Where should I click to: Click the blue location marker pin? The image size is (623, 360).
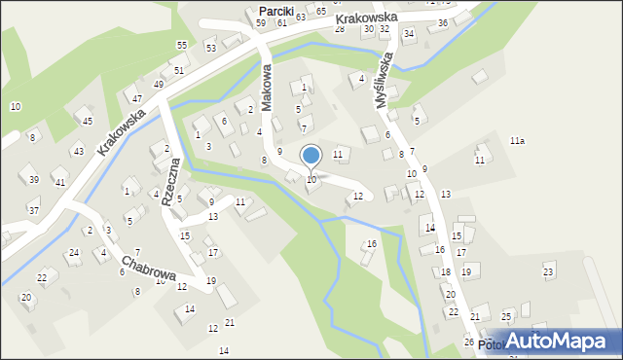(x=311, y=156)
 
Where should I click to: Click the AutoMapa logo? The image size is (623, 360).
(x=563, y=341)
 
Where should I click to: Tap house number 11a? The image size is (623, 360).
(x=517, y=141)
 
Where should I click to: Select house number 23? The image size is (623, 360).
(x=548, y=270)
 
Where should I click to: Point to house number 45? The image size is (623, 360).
(x=88, y=121)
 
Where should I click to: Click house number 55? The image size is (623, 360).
(x=182, y=46)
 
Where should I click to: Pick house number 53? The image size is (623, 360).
(x=210, y=47)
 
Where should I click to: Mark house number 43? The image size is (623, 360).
(x=78, y=151)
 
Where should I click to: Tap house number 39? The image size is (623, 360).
(x=34, y=180)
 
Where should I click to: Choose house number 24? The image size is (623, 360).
(x=73, y=253)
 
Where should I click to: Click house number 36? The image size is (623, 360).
(x=443, y=22)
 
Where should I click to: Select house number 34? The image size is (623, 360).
(x=409, y=34)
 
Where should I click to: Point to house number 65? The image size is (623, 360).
(x=321, y=10)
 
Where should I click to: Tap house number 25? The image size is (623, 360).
(x=506, y=317)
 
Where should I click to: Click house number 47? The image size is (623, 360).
(x=137, y=99)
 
